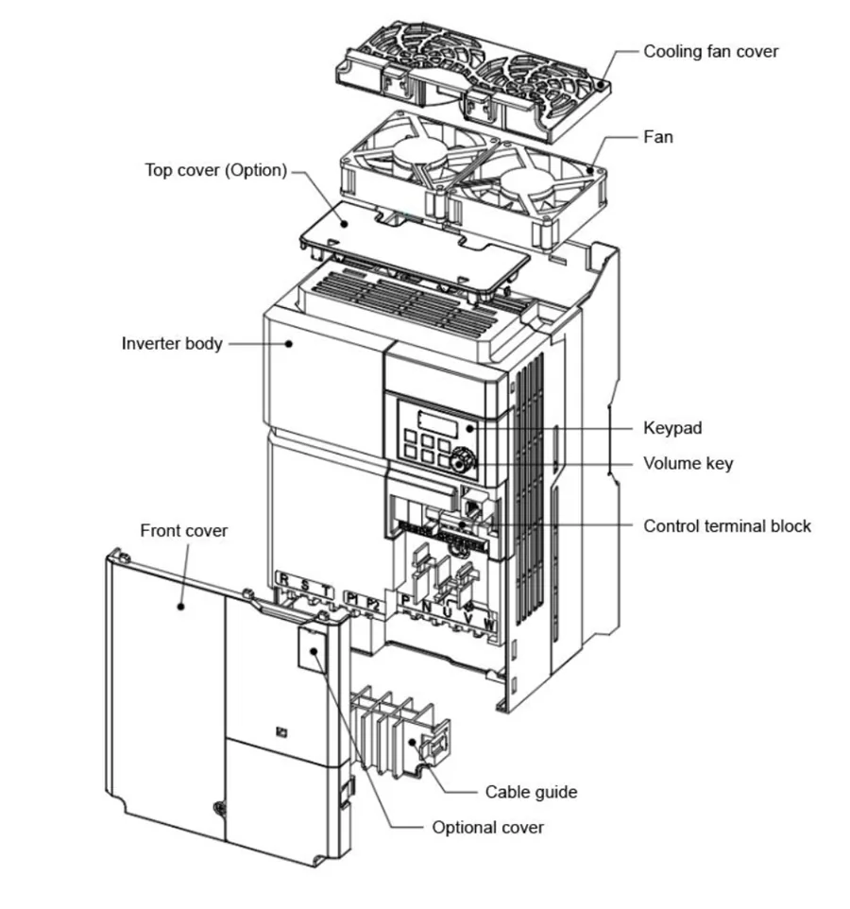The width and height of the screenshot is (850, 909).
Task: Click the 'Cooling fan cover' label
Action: [x=710, y=51]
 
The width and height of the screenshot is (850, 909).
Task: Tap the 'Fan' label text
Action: [x=658, y=137]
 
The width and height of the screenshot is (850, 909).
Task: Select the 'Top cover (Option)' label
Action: [x=215, y=171]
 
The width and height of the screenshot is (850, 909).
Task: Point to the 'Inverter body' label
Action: [x=172, y=343]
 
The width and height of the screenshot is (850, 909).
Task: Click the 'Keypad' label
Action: [x=672, y=428]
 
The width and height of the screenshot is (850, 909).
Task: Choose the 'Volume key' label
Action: [x=688, y=463]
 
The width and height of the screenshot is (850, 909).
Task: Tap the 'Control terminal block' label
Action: [x=727, y=525]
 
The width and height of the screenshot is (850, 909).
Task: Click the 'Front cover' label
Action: [x=183, y=530]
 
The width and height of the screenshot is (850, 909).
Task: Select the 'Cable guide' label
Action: [x=531, y=792]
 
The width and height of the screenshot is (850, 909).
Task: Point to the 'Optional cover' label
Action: [x=487, y=828]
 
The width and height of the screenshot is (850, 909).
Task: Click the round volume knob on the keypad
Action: [x=463, y=460]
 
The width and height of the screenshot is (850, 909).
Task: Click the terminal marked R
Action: [x=283, y=580]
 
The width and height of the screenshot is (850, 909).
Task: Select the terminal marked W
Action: [x=489, y=624]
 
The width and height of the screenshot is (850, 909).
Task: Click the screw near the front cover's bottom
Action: [x=219, y=809]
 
